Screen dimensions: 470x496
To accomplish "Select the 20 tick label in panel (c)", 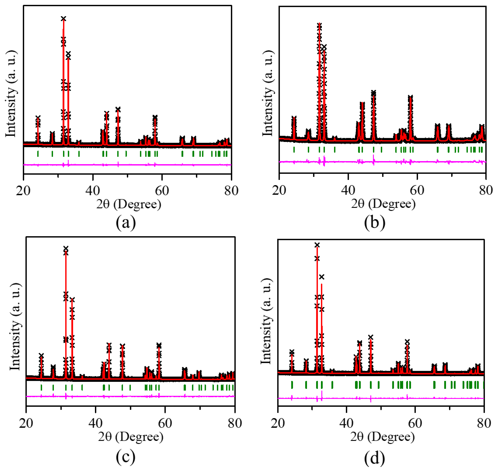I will (26, 423).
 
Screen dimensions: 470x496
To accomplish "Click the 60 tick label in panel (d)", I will (415, 423).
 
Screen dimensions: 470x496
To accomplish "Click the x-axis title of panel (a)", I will (129, 204).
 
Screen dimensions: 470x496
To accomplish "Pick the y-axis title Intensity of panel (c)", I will (15, 327).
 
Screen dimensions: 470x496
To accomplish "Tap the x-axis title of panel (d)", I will (382, 437).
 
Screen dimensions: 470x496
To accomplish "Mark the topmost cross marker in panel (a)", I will (63, 19).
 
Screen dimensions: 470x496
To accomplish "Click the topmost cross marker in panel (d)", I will (317, 245).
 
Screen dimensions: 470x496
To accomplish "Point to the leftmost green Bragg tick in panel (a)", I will (38, 154).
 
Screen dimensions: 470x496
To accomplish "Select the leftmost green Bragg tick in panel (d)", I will (292, 385).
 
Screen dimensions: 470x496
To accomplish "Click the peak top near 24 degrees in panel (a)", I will (38, 118).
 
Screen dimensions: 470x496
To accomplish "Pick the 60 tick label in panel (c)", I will (165, 423).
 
